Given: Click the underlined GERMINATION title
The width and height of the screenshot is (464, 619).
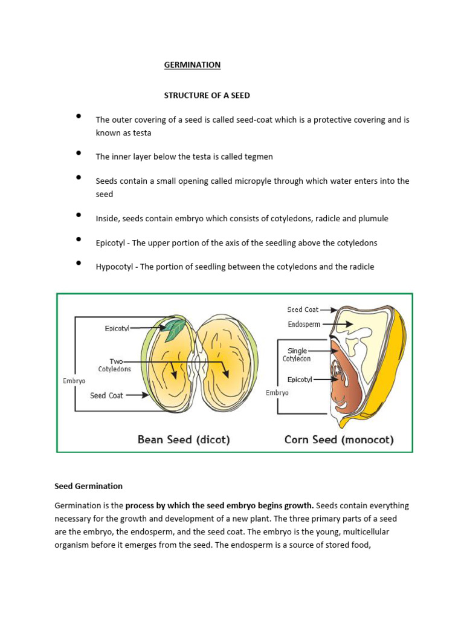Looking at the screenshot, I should pos(192,65).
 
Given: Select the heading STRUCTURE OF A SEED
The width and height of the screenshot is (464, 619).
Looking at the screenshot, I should pos(207,96).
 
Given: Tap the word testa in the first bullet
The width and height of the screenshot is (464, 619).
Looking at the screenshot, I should pos(141,132).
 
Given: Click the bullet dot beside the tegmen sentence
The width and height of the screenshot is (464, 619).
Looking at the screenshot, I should pos(79,154).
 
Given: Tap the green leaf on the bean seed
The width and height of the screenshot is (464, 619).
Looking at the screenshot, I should pos(176,330).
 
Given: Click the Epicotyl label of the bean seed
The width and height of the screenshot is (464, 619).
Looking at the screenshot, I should pos(117,328).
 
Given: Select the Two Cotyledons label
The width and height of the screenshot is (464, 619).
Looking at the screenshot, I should pos(114,365).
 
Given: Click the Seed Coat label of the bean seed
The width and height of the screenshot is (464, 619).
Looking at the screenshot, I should pos(106,395).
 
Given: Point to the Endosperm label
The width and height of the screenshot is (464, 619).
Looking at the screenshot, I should pos(304,325).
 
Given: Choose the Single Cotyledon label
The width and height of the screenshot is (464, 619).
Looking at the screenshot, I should pos(297,355).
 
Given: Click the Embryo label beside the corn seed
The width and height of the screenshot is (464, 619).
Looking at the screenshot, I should pos(277,393).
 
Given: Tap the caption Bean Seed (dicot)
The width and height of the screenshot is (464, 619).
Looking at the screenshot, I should pos(184,439).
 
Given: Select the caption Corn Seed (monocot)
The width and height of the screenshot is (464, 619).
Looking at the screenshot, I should pos(338,439).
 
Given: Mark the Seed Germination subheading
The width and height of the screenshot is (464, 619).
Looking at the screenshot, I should pos(89,486).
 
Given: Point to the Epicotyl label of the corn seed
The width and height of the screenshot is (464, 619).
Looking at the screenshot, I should pos(300,379).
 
